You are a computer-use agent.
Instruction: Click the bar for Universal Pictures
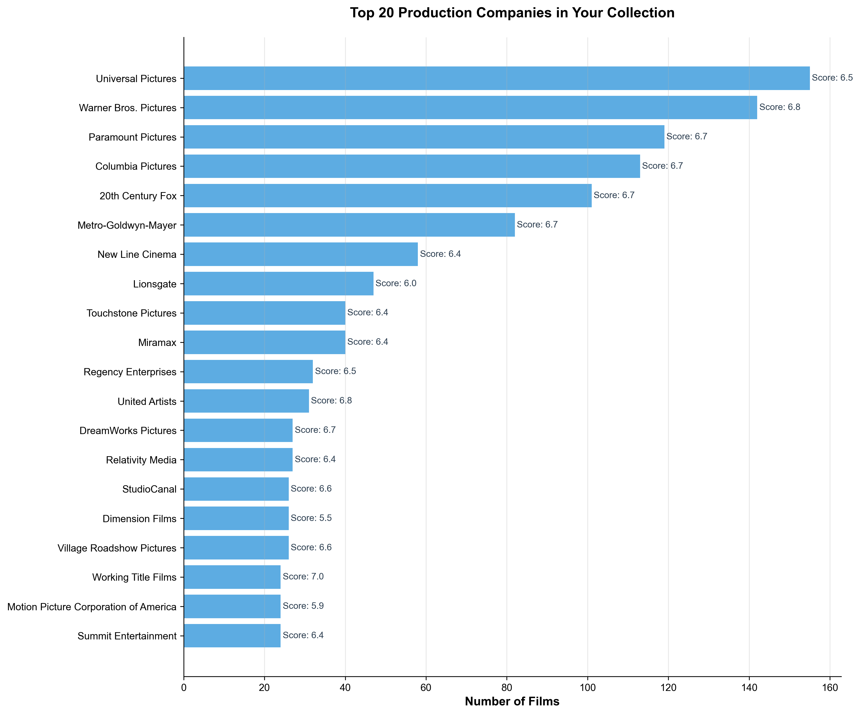click(496, 78)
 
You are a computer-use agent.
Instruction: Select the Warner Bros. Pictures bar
click(470, 108)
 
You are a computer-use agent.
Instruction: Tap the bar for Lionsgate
click(278, 284)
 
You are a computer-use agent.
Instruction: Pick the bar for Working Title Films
click(232, 577)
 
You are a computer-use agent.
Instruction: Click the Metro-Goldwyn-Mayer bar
click(349, 225)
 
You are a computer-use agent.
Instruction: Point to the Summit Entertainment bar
click(232, 636)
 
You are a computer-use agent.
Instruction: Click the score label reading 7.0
click(303, 577)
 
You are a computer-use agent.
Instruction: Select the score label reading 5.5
click(311, 518)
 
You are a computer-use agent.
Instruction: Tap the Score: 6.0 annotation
click(396, 283)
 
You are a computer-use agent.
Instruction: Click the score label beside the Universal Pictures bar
click(832, 78)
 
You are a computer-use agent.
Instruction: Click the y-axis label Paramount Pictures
click(132, 137)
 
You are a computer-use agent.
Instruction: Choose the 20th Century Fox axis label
click(138, 196)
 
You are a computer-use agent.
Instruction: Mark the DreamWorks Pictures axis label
click(128, 430)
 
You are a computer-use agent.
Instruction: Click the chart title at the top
click(512, 13)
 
